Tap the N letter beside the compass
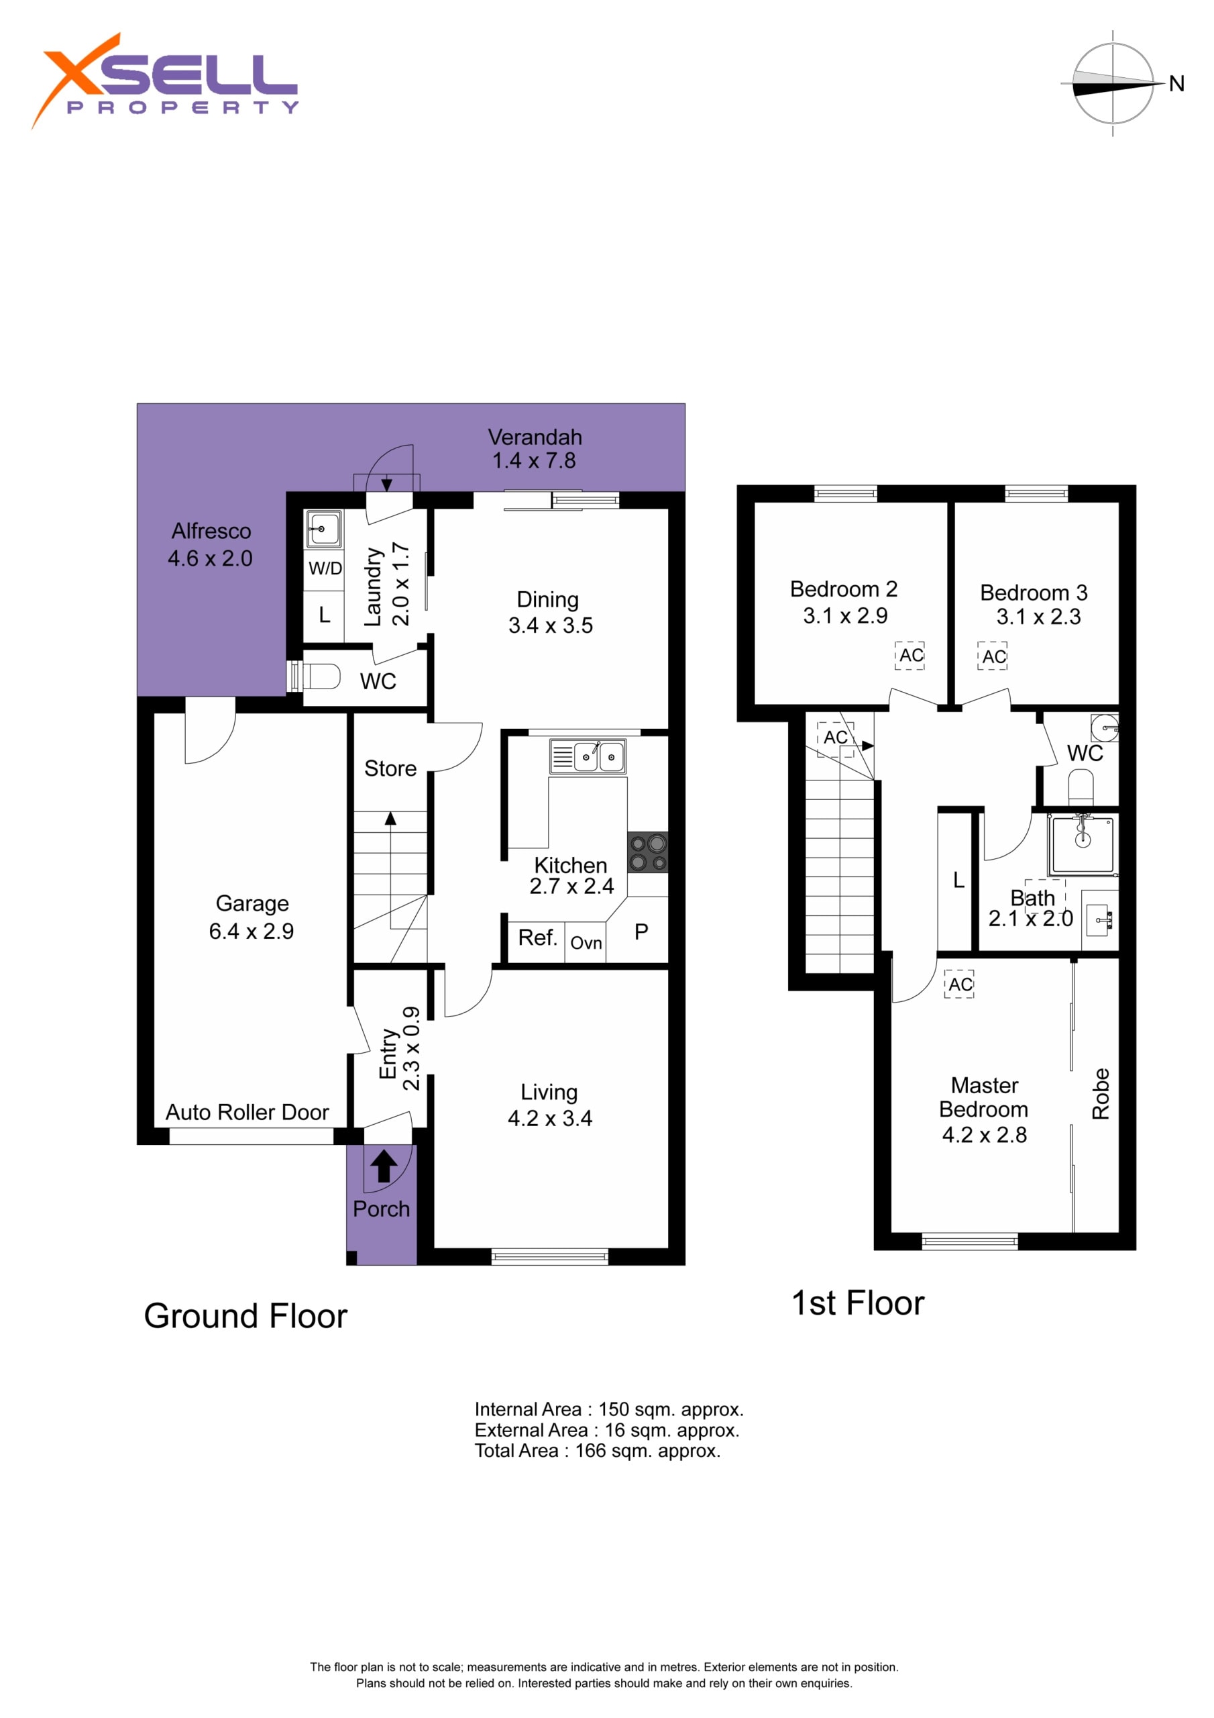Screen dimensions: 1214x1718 [1176, 84]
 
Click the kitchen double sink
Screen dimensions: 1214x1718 [588, 756]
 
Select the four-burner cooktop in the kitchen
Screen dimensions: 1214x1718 [648, 853]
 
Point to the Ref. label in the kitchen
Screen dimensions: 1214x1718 [538, 938]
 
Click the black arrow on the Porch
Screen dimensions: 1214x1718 [384, 1166]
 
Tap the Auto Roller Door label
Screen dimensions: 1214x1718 [247, 1113]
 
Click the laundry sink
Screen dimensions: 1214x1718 [324, 529]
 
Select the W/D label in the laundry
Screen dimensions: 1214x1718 [325, 568]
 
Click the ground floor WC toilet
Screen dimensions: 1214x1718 [317, 676]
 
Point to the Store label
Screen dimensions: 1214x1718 [390, 768]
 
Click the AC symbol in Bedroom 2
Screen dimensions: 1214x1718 [910, 656]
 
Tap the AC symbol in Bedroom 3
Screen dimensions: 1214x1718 [993, 656]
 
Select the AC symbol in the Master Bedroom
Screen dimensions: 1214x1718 [960, 984]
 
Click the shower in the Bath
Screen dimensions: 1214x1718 [1083, 845]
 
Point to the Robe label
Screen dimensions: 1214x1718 [1100, 1093]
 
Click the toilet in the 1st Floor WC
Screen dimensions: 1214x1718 [1081, 789]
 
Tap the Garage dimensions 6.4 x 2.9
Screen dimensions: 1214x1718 [252, 931]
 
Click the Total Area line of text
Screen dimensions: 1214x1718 [598, 1451]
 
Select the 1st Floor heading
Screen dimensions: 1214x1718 [858, 1303]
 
